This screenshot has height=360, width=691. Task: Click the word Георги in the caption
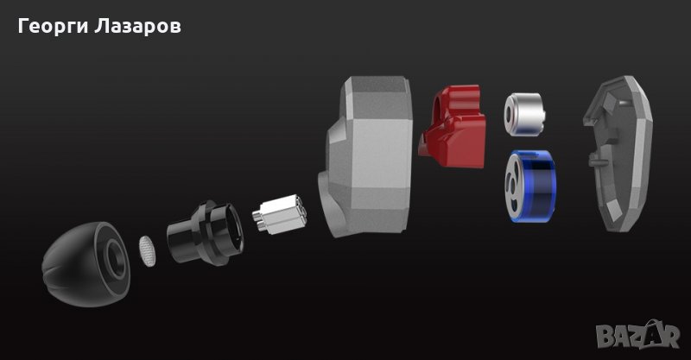53,26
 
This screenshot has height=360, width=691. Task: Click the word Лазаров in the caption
137,26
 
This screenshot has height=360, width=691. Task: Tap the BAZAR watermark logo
637,336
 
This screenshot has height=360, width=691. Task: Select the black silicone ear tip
86,264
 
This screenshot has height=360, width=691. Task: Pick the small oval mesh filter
148,251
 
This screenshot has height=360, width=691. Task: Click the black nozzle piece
205,233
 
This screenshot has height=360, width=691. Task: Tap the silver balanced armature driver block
280,214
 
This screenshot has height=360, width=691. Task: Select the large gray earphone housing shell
365,156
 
